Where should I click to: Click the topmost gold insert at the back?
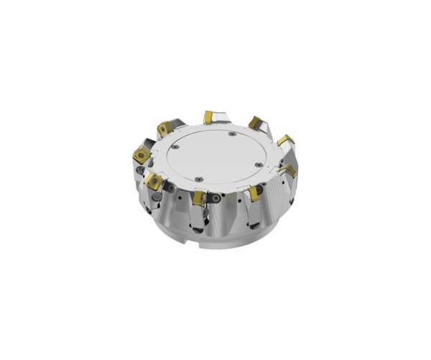click(209, 116)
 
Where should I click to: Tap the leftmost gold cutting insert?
click(141, 154)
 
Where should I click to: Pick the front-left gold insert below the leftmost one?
click(154, 182)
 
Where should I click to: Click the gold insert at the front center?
click(199, 198)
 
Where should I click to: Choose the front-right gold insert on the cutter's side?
click(254, 193)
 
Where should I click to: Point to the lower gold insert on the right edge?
click(289, 170)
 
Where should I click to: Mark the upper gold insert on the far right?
click(284, 140)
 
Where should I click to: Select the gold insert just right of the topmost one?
click(254, 122)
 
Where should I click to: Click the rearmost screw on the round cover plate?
click(231, 134)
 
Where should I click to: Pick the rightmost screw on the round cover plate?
click(259, 165)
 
